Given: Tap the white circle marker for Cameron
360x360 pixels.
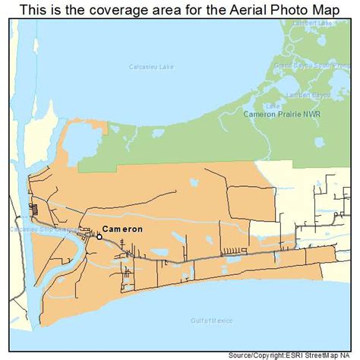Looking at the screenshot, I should (99, 236).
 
